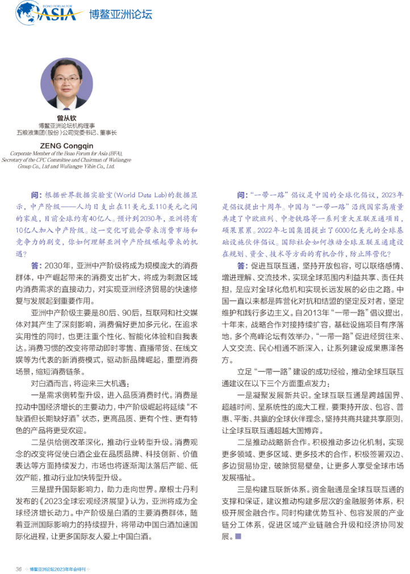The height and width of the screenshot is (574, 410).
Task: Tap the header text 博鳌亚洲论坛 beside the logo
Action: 121,14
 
